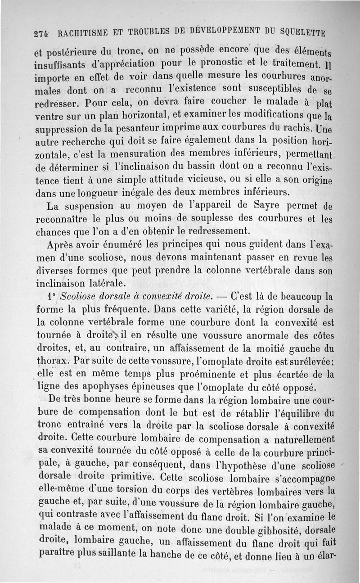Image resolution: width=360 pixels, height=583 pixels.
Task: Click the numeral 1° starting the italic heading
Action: point(52,297)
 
